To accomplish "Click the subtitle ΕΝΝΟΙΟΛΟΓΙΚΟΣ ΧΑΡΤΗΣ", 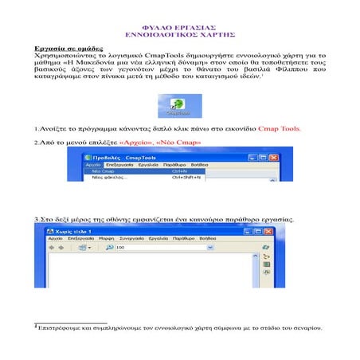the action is [x=179, y=36].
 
